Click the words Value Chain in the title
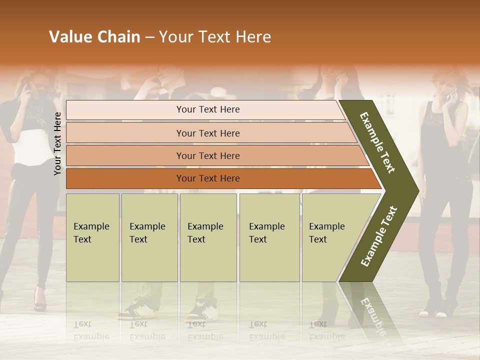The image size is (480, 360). pyautogui.click(x=94, y=37)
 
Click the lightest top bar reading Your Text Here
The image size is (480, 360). pyautogui.click(x=207, y=109)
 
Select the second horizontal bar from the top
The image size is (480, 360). pyautogui.click(x=207, y=133)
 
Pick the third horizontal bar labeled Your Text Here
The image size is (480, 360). pyautogui.click(x=207, y=155)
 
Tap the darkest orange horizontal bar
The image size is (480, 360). pyautogui.click(x=207, y=178)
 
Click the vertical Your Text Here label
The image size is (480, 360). pyautogui.click(x=57, y=143)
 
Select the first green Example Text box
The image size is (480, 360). pyautogui.click(x=92, y=237)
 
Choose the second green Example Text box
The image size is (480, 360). pyautogui.click(x=149, y=237)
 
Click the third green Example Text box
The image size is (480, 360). pyautogui.click(x=208, y=237)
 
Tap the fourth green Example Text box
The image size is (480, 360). pyautogui.click(x=269, y=237)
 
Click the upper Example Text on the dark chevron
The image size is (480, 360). pyautogui.click(x=378, y=142)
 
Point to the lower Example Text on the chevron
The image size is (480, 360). pyautogui.click(x=379, y=236)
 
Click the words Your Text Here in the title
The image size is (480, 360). pyautogui.click(x=215, y=37)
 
